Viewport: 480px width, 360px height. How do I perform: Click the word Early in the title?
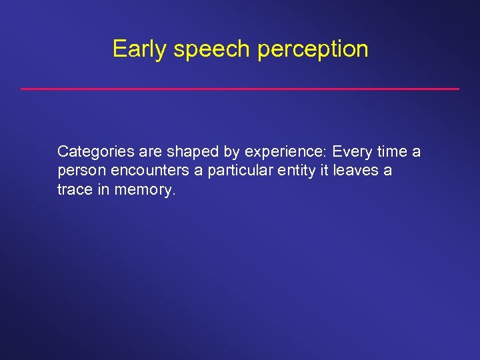coord(139,49)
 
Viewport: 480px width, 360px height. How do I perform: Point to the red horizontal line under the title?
coord(240,89)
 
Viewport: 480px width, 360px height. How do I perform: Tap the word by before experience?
coord(223,152)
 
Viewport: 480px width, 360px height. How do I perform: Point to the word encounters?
coord(150,171)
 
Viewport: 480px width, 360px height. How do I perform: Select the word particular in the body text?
coord(239,171)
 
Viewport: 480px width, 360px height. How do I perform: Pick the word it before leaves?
coord(325,171)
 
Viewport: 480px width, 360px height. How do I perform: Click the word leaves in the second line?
coord(355,171)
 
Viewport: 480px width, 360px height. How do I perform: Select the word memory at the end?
coord(145,190)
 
